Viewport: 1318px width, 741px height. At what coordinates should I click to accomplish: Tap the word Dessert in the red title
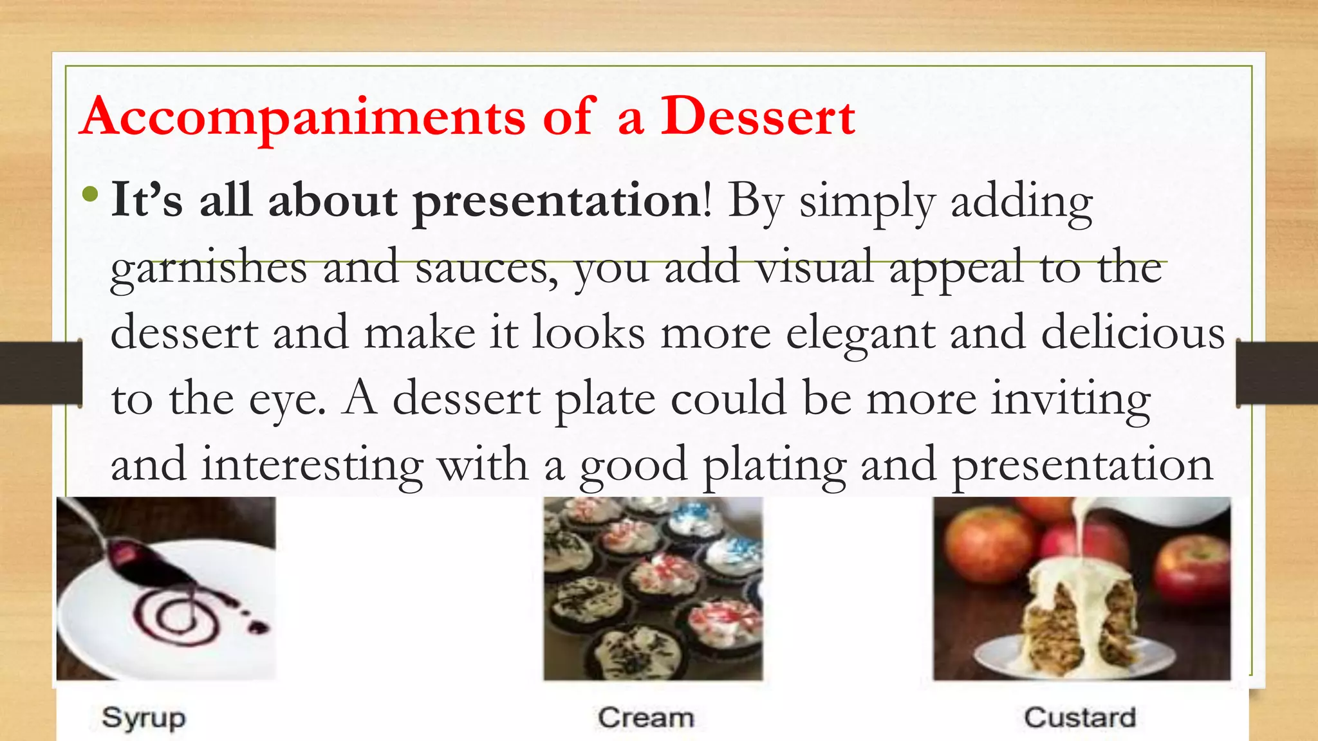757,117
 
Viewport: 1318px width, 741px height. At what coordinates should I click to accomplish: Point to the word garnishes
209,269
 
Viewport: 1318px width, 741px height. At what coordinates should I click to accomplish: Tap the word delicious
1133,333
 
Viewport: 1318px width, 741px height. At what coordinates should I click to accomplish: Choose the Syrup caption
144,717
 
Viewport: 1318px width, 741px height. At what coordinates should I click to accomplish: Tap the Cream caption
646,717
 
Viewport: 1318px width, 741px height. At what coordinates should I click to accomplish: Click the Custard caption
1080,717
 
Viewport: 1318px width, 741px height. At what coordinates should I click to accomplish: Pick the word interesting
311,465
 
